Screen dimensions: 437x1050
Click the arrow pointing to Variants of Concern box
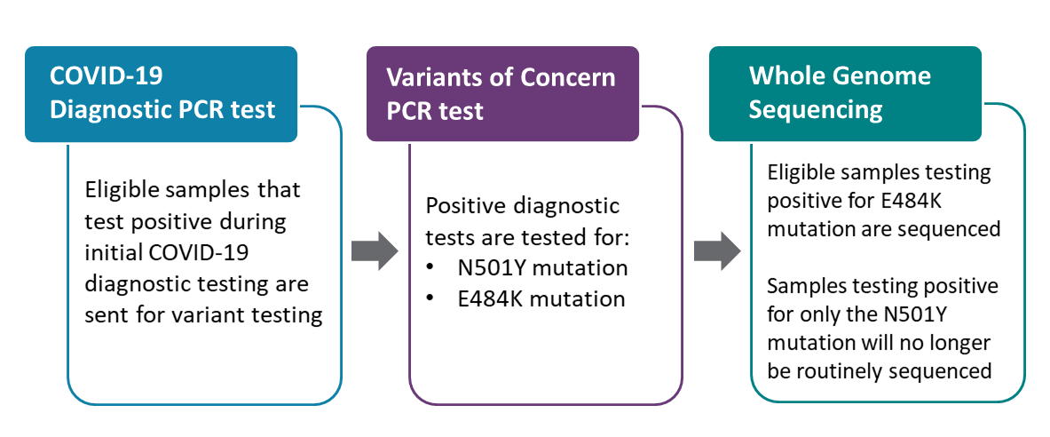(374, 253)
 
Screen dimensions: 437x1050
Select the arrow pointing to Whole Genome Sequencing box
(717, 253)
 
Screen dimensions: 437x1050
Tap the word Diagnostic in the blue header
(103, 109)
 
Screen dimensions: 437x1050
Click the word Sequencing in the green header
(816, 109)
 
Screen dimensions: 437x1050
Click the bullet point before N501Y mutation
(430, 267)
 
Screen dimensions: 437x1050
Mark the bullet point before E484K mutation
(430, 298)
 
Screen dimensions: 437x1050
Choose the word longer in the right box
(959, 343)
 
